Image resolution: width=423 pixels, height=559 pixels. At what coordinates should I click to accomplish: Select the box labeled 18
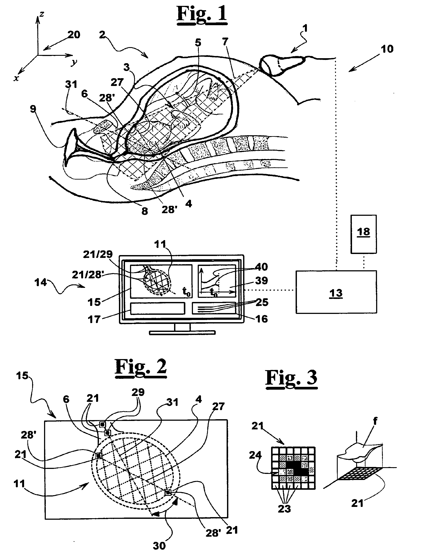[x=363, y=234]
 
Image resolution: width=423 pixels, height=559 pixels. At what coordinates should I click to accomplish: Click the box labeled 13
[x=336, y=292]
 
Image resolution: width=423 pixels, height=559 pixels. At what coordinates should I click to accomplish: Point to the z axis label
[x=42, y=14]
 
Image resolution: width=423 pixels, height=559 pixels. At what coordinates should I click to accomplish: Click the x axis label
[x=16, y=79]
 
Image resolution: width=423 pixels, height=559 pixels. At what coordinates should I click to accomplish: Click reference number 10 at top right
[x=387, y=49]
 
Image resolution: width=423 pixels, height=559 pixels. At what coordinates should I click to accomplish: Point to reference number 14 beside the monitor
[x=41, y=282]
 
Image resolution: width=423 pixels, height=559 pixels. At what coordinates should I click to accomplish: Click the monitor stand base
[x=182, y=333]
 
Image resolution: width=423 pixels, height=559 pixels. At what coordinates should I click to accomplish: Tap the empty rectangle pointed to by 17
[x=157, y=308]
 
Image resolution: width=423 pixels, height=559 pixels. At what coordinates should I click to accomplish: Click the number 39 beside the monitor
[x=261, y=280]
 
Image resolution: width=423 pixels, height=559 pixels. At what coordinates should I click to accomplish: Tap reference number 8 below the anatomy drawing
[x=145, y=211]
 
